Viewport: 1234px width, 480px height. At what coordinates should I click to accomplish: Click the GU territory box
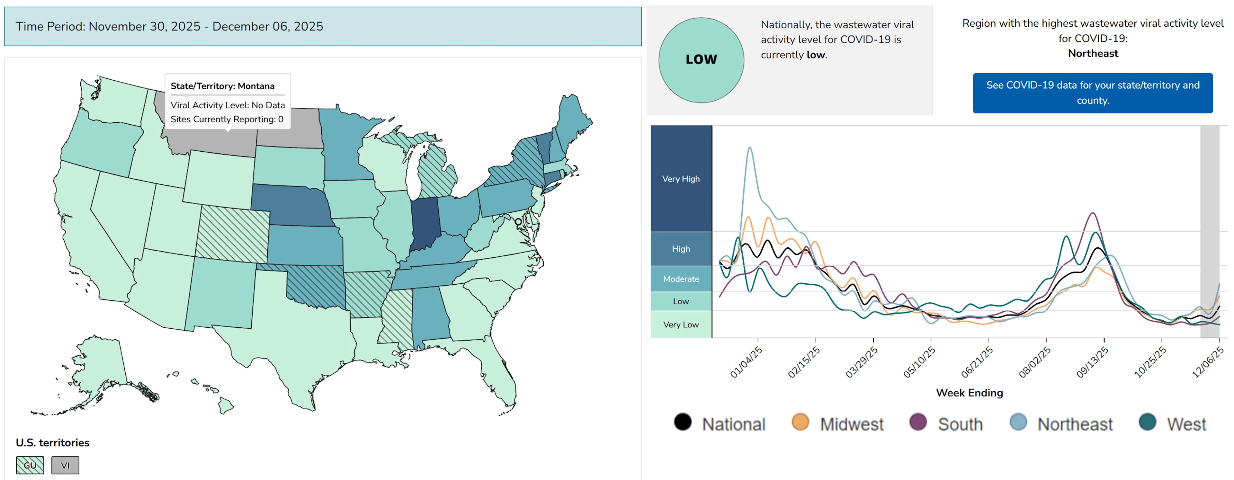point(30,465)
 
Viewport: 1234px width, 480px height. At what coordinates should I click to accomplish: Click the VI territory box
point(65,465)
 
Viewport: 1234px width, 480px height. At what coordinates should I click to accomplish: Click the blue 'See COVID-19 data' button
point(1092,93)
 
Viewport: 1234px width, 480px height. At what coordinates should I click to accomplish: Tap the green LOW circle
point(701,60)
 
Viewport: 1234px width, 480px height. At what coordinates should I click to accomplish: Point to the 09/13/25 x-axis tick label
point(1092,363)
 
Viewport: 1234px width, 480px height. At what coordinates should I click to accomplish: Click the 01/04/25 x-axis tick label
point(746,363)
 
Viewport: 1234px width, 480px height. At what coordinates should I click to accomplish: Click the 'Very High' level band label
point(681,179)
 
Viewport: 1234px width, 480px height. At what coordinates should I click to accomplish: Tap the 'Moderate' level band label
point(681,279)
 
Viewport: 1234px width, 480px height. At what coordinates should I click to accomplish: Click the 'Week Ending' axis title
point(969,393)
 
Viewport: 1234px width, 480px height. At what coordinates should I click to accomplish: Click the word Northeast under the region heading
point(1093,53)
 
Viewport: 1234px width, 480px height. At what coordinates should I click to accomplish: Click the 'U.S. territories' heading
point(53,442)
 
